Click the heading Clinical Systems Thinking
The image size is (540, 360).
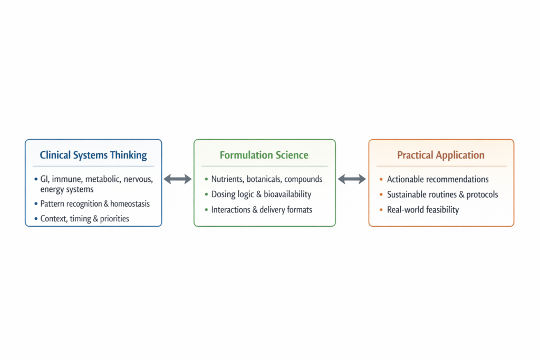93,155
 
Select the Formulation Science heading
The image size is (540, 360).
264,155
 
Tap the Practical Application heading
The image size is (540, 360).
441,155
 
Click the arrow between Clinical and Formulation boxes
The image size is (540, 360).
178,179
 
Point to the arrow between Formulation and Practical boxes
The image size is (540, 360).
352,179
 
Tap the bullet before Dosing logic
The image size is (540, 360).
206,195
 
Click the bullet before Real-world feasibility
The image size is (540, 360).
381,210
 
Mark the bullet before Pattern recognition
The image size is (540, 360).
35,204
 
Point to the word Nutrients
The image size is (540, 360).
227,179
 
